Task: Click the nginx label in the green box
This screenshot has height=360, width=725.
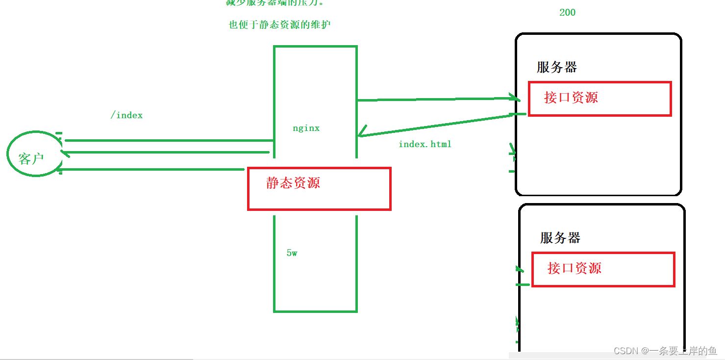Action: pos(306,129)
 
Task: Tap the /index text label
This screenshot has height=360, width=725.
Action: pos(126,115)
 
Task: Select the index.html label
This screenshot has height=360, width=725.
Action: pos(425,144)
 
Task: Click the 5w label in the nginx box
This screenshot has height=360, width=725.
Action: pos(292,253)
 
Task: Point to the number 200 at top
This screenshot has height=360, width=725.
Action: pos(567,13)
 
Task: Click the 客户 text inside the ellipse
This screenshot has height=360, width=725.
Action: pos(31,158)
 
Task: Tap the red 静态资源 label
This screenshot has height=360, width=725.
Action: pos(293,183)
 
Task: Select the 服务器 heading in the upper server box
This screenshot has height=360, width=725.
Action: pos(556,67)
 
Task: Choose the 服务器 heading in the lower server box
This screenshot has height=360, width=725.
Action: pos(560,238)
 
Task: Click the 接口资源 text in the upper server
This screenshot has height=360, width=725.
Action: pos(571,97)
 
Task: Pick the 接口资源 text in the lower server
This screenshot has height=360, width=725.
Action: pos(574,268)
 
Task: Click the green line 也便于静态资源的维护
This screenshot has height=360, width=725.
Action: pos(279,25)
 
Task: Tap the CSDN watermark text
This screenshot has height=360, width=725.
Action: pos(665,351)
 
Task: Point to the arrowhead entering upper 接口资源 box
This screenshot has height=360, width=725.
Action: pos(516,98)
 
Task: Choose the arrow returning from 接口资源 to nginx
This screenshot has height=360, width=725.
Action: pos(441,125)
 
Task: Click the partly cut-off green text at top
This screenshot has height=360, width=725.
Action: pos(275,3)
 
